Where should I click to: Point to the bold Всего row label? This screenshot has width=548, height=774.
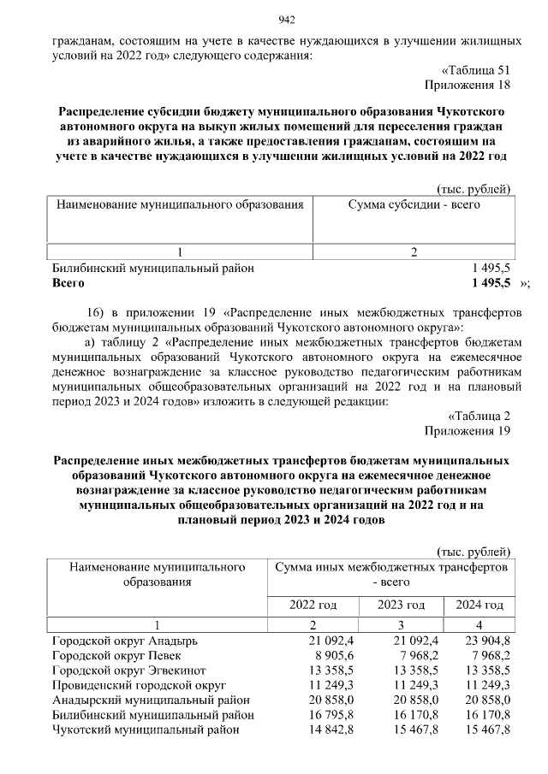coord(68,282)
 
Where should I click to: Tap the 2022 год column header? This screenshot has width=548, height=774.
coord(313,605)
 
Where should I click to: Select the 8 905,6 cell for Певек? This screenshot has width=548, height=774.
coord(322,656)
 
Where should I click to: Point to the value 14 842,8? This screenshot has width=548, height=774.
coord(319,730)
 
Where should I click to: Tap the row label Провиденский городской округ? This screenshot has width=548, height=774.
coord(138,686)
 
